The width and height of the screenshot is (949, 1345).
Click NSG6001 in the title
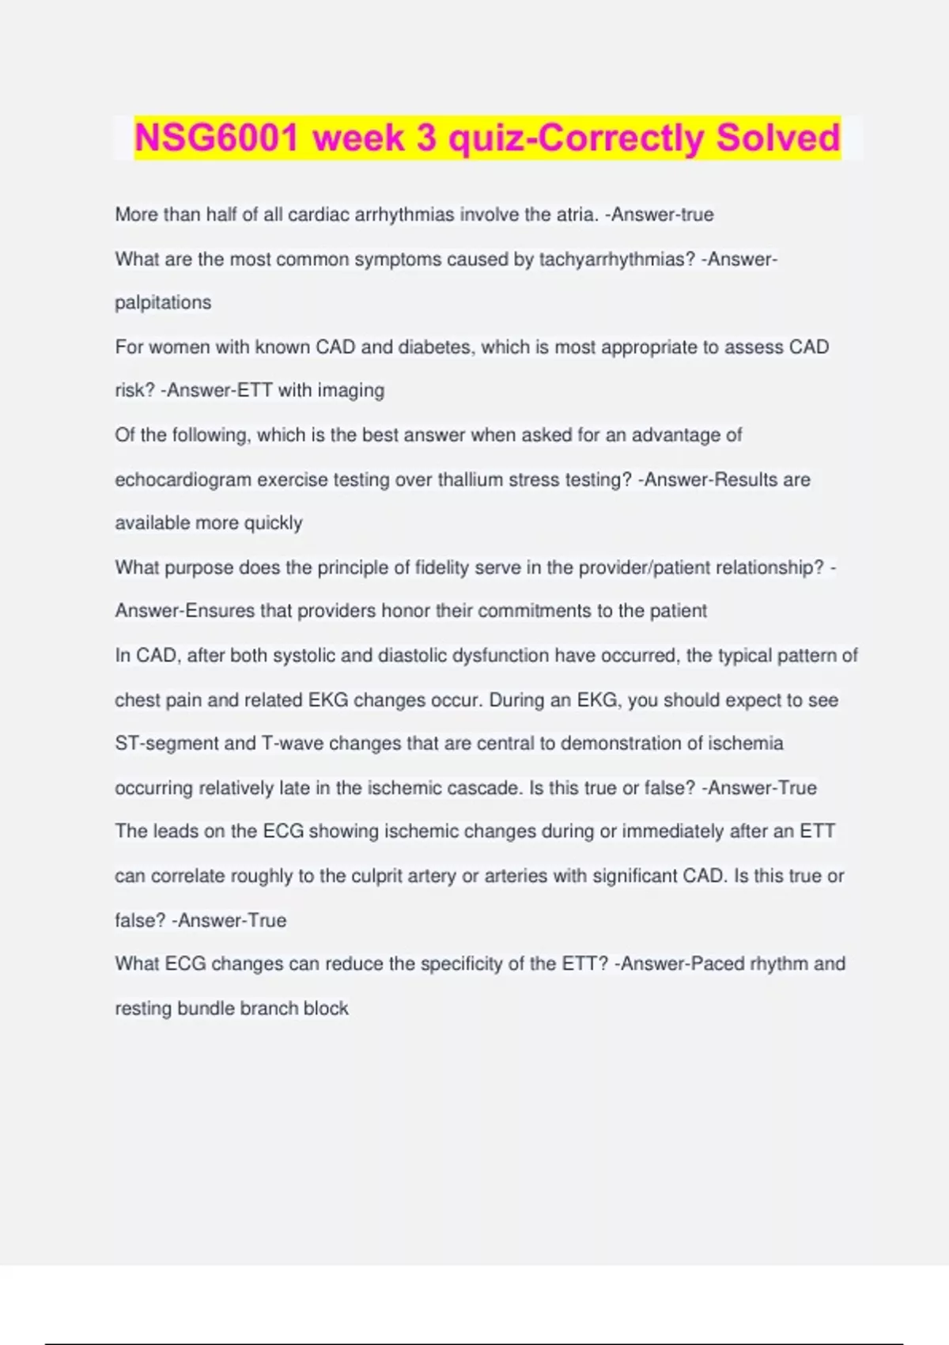[216, 138]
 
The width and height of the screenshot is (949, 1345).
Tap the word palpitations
[163, 303]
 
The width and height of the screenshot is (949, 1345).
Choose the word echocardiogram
[183, 480]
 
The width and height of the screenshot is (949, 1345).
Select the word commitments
[533, 612]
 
